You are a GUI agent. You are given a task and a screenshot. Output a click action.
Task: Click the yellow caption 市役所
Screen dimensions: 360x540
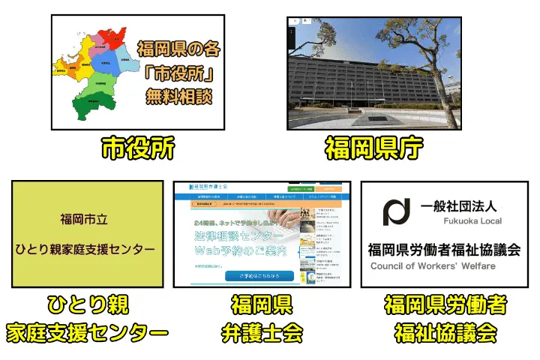(138, 148)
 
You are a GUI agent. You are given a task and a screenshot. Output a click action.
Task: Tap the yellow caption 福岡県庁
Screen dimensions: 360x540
(375, 148)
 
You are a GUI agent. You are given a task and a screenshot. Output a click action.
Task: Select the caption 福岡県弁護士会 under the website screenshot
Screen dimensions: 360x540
(262, 318)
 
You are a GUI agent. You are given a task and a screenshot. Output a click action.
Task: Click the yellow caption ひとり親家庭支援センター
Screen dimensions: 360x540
(88, 318)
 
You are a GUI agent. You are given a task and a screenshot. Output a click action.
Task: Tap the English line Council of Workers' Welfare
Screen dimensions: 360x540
(436, 266)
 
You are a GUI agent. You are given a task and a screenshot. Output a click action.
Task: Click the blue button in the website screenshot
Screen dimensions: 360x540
(259, 275)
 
